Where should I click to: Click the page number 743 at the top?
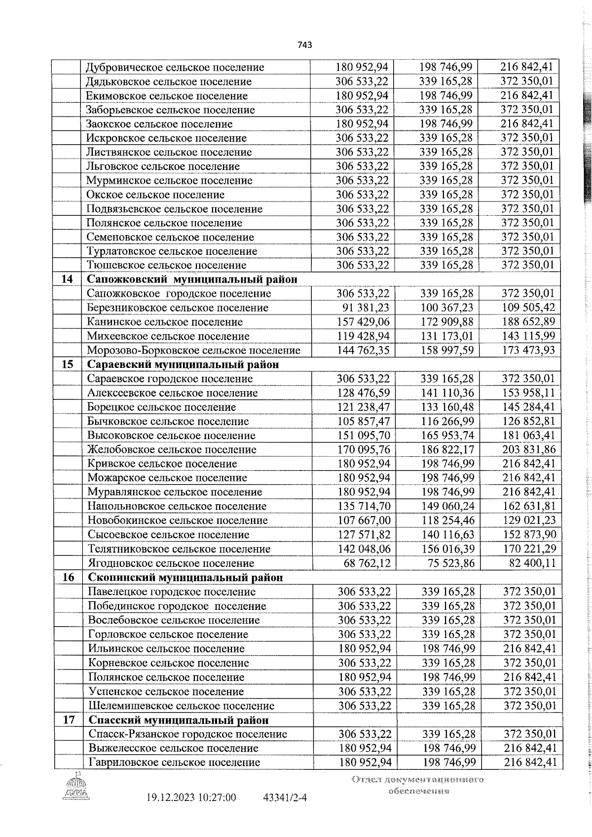click(x=305, y=45)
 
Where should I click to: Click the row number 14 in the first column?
click(x=67, y=279)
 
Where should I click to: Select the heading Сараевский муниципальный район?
click(x=183, y=365)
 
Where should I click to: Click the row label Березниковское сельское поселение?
click(x=178, y=308)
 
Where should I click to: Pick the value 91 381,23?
click(x=366, y=308)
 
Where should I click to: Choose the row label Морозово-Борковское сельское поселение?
click(x=194, y=351)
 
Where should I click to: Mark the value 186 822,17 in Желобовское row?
click(x=447, y=450)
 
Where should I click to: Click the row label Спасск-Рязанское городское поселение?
click(x=187, y=734)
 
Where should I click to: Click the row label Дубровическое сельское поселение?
click(x=175, y=68)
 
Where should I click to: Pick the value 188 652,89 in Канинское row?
click(x=528, y=322)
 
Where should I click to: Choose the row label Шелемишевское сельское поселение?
click(x=182, y=706)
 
